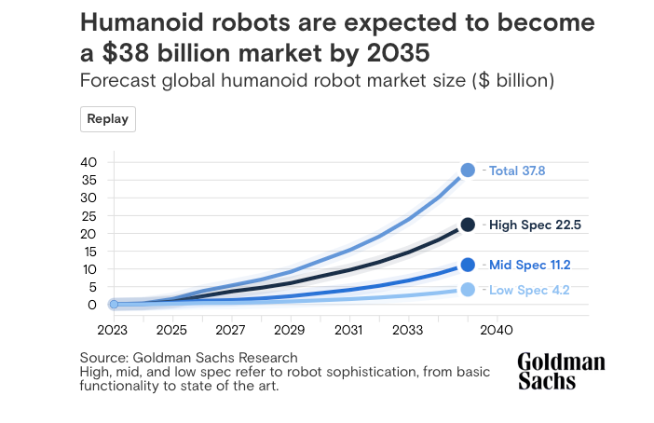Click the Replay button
click(x=108, y=119)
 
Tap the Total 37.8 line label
click(x=517, y=171)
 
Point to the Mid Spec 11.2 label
click(x=529, y=265)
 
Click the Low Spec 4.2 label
click(x=528, y=290)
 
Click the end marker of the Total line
click(x=468, y=170)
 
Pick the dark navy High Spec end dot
click(x=468, y=225)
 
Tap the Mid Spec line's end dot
click(x=468, y=265)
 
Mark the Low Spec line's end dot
click(x=468, y=290)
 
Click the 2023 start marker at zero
click(x=113, y=304)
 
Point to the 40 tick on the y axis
click(x=89, y=162)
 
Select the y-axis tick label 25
click(x=89, y=215)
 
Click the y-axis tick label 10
click(x=89, y=268)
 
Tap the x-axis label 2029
click(x=290, y=330)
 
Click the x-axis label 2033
click(x=407, y=330)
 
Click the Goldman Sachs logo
click(x=561, y=371)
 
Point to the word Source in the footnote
click(x=102, y=358)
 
